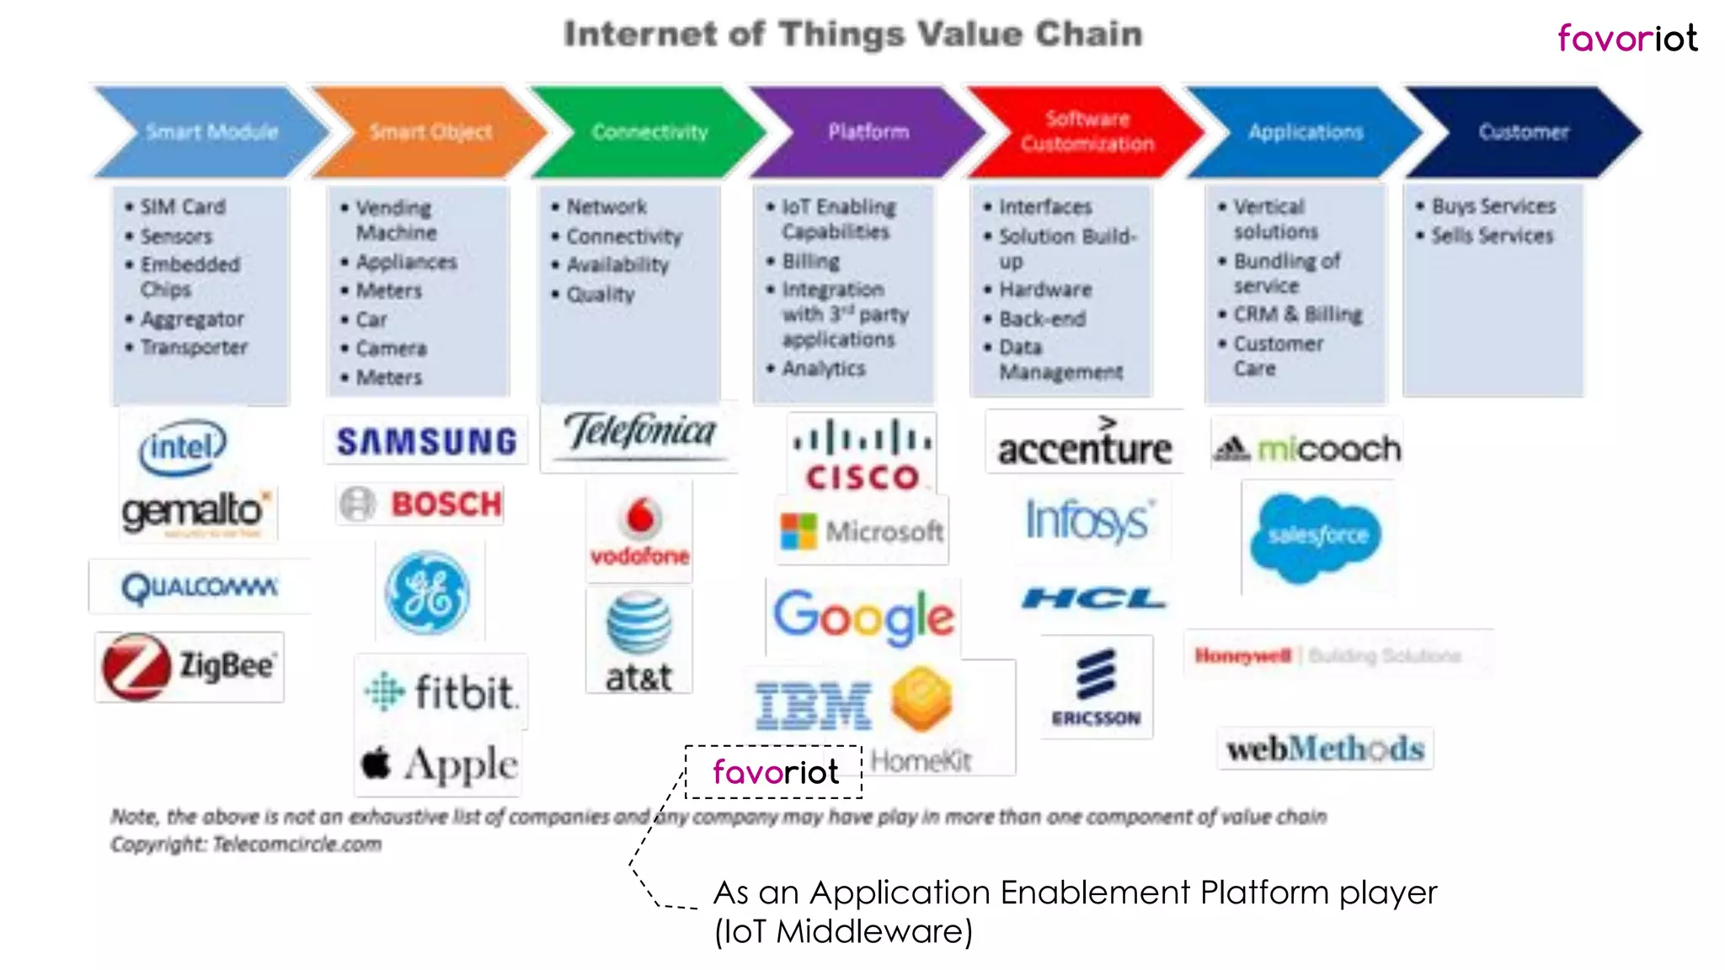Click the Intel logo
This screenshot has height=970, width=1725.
[183, 446]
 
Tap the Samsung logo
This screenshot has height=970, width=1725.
[426, 441]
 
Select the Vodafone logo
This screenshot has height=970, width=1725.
[640, 530]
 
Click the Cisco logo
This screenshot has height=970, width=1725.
[862, 456]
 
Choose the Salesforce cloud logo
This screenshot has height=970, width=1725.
[1316, 536]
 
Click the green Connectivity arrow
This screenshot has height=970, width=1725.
[649, 132]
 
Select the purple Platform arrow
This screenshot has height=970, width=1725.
[868, 132]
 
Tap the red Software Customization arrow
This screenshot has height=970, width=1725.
[1087, 132]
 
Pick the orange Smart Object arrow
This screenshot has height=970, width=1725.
[430, 132]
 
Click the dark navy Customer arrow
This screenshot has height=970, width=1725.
[1523, 132]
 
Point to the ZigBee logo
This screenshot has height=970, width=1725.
[190, 667]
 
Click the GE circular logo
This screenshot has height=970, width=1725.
[428, 593]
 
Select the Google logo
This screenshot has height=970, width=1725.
[863, 616]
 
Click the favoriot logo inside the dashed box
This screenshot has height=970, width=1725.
[775, 771]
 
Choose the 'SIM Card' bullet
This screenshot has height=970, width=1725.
[182, 207]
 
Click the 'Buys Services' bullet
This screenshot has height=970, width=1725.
[1493, 206]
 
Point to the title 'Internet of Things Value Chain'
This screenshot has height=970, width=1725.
[852, 35]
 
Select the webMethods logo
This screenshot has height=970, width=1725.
[1325, 749]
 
